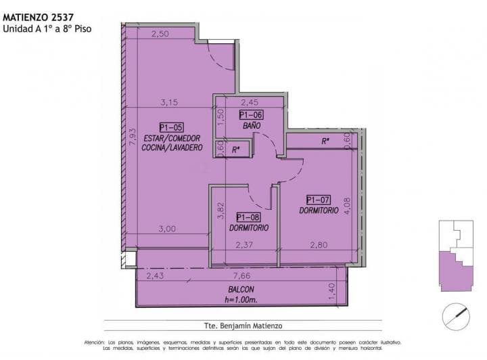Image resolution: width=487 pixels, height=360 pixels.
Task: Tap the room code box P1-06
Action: pos(250,115)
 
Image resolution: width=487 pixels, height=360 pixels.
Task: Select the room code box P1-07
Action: pos(318,200)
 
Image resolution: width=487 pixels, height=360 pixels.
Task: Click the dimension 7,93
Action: pos(132,137)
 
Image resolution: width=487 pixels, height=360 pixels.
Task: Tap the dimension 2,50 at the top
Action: pos(160,34)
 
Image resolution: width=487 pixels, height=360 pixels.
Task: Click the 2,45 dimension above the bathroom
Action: pos(250,103)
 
